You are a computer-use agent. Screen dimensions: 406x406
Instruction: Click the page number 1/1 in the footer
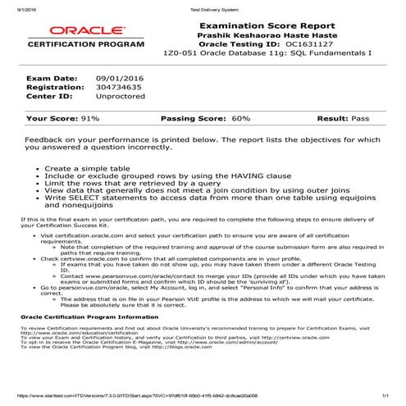pos(384,394)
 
